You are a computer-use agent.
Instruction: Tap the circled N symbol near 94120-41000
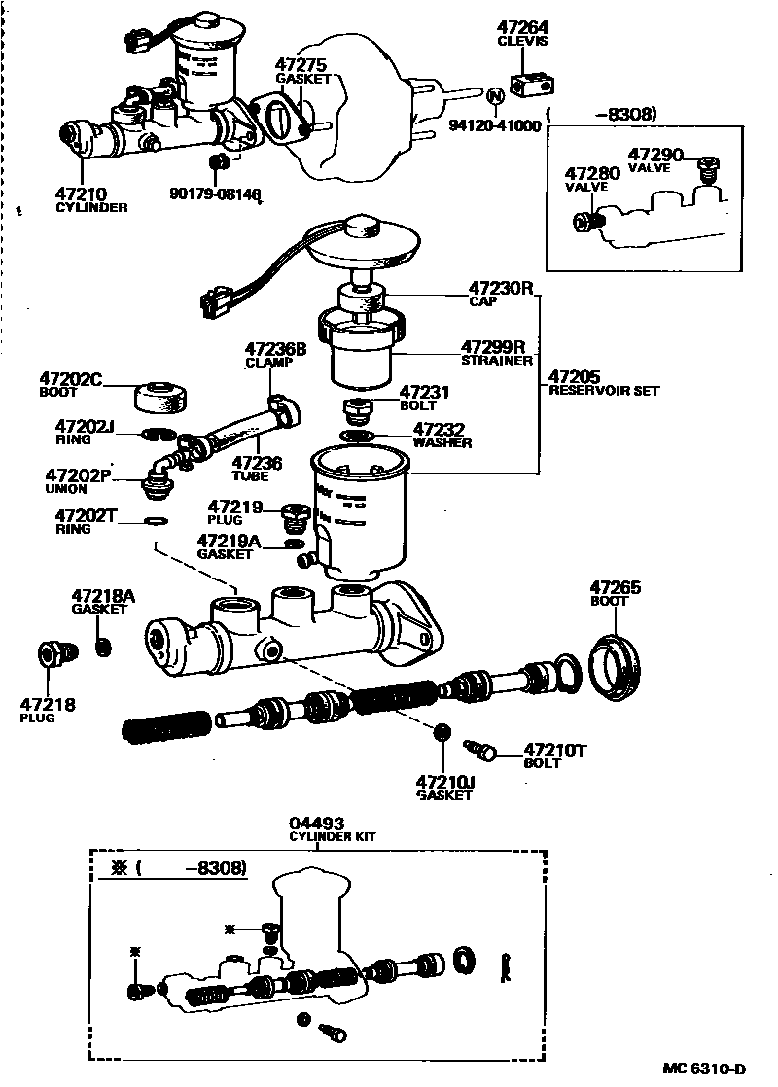[x=494, y=95]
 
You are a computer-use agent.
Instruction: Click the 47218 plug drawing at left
[x=54, y=654]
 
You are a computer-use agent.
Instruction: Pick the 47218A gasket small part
[x=102, y=646]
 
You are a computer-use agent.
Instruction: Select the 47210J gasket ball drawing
[x=441, y=733]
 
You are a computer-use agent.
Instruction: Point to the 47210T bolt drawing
[x=479, y=750]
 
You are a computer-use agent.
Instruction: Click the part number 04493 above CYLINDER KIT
[x=317, y=823]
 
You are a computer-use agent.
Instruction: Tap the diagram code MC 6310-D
[x=704, y=1068]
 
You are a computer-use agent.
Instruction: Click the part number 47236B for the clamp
[x=275, y=349]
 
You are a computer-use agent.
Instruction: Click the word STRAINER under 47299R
[x=498, y=360]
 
